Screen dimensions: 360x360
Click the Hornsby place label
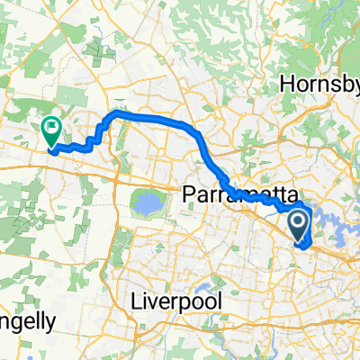point(319,83)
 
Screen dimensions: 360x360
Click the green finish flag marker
point(51,131)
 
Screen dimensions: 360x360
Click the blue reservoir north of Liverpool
point(144,205)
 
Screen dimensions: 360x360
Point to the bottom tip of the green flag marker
point(51,147)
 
